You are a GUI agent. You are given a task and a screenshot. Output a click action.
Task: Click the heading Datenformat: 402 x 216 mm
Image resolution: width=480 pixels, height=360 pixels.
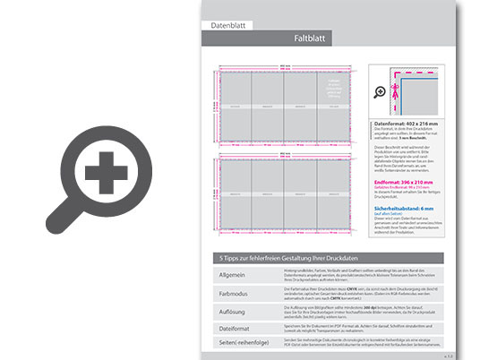411,124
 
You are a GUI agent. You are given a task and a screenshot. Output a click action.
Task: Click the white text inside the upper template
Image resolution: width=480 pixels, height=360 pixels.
336,87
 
